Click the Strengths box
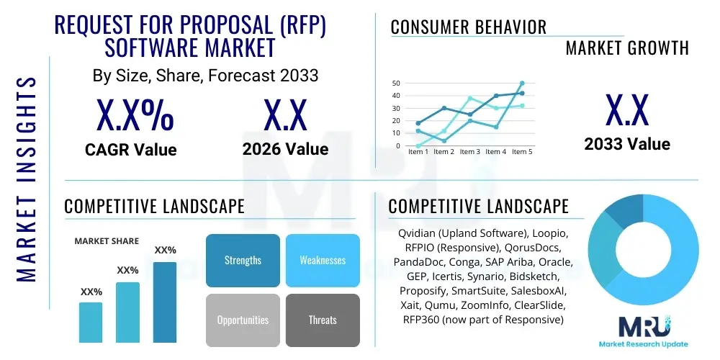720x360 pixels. [x=243, y=260]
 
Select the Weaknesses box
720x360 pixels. [x=322, y=260]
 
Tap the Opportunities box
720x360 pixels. [x=243, y=320]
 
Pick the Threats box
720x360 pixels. [x=322, y=320]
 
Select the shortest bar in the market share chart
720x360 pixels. [x=91, y=322]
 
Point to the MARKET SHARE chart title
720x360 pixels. [x=107, y=240]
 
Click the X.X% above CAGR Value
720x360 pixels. [x=135, y=115]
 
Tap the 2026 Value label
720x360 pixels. [x=285, y=149]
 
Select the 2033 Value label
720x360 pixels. [x=626, y=144]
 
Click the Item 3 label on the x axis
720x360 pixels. [x=469, y=152]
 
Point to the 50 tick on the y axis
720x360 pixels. [x=396, y=84]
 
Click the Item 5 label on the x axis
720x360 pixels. [x=521, y=152]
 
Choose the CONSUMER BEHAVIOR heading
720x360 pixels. [x=468, y=27]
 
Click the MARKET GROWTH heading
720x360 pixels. [x=626, y=48]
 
